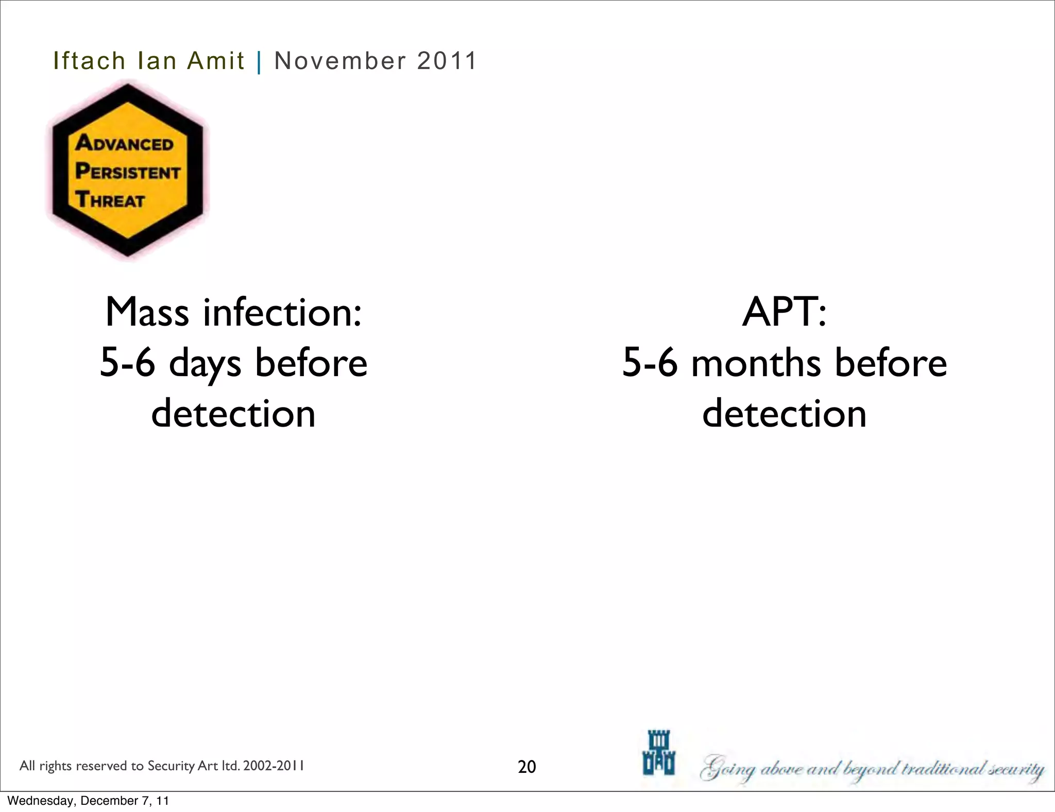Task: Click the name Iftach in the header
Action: (x=89, y=61)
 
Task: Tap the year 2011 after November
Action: (x=447, y=61)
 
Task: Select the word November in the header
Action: (x=340, y=61)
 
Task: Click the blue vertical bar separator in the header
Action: (x=259, y=62)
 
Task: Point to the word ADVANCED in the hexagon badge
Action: (x=125, y=143)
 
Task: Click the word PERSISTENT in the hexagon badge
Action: (x=128, y=172)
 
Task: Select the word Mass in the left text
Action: (x=147, y=312)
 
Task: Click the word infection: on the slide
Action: (x=282, y=312)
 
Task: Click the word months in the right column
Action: (x=756, y=363)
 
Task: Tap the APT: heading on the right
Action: (x=784, y=312)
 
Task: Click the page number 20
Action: (x=527, y=767)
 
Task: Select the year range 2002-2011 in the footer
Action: (x=274, y=766)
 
